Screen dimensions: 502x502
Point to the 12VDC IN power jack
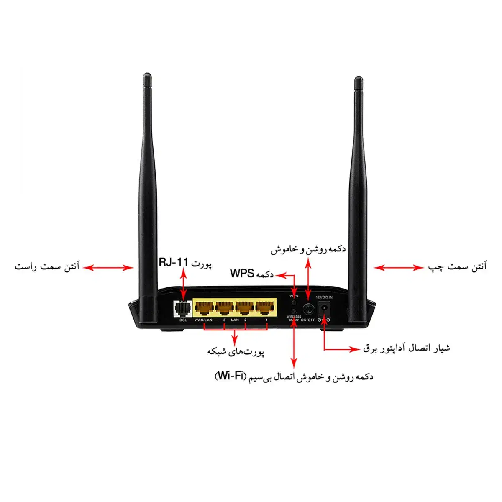pyautogui.click(x=325, y=309)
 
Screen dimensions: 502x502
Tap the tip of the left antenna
pyautogui.click(x=147, y=77)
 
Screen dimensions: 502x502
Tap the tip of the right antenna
pyautogui.click(x=358, y=79)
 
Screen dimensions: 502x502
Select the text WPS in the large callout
pyautogui.click(x=242, y=274)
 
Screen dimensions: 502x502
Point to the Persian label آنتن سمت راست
pyautogui.click(x=47, y=266)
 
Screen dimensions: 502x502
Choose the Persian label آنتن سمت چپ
pyautogui.click(x=457, y=267)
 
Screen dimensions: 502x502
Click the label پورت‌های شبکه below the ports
pyautogui.click(x=236, y=352)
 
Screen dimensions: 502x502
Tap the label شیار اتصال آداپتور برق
pyautogui.click(x=407, y=348)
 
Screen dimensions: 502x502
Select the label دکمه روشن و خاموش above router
pyautogui.click(x=308, y=249)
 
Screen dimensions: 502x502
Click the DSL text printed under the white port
pyautogui.click(x=183, y=320)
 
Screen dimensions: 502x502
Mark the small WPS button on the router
pyautogui.click(x=294, y=302)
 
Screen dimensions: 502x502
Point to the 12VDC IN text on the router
pyautogui.click(x=324, y=297)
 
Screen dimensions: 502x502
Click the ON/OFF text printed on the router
pyautogui.click(x=308, y=320)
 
